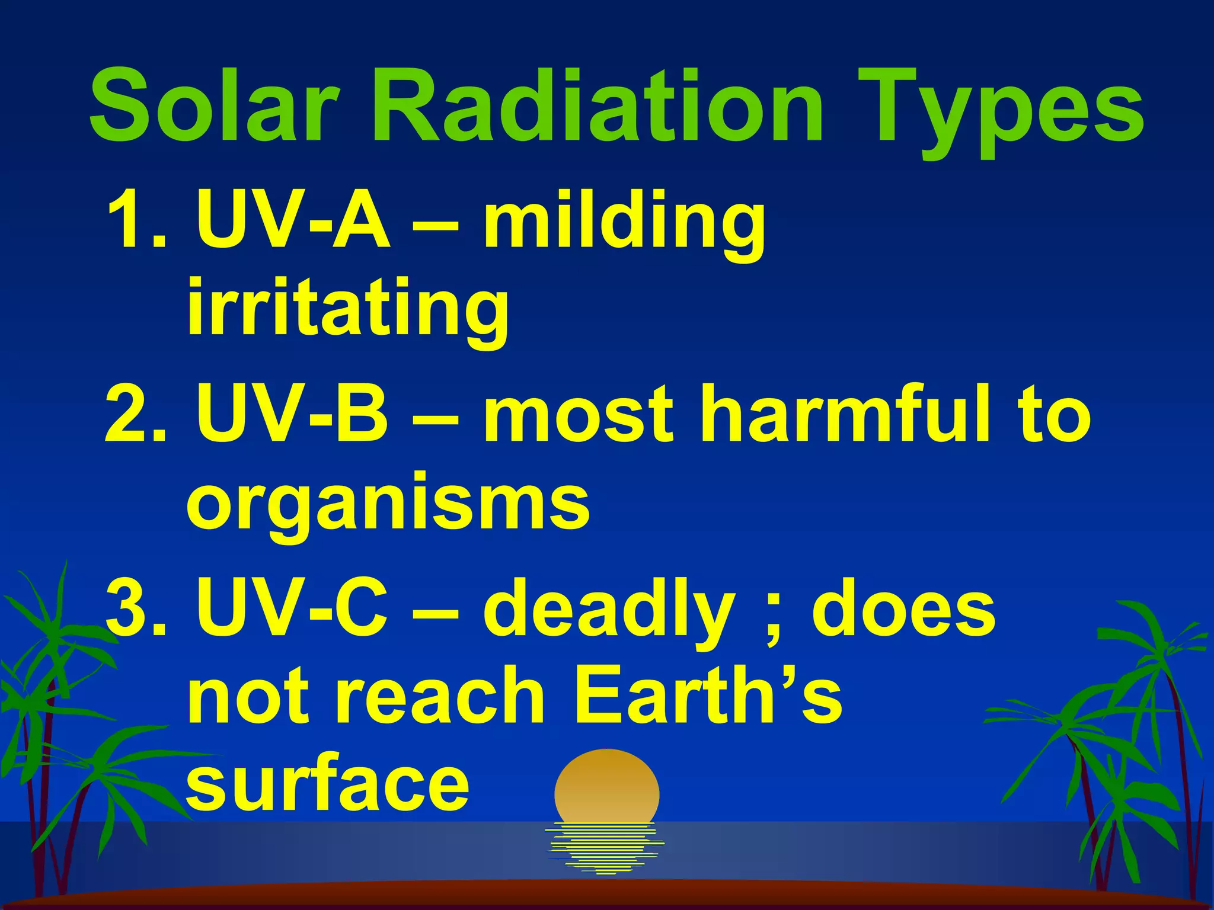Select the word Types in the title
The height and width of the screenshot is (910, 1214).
[1002, 110]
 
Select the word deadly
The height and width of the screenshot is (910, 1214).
[611, 610]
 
